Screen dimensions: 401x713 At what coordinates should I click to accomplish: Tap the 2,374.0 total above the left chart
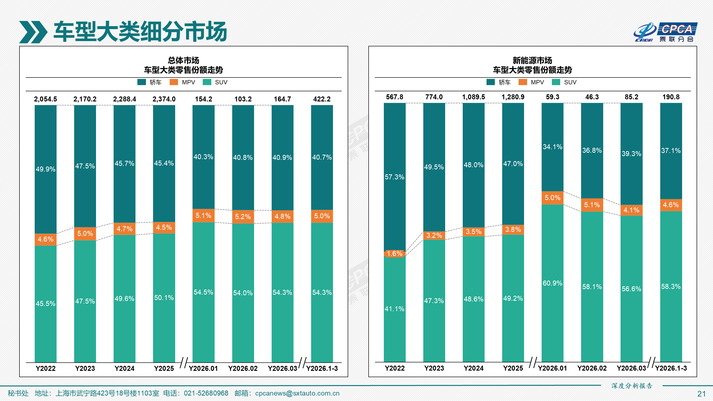[x=164, y=99]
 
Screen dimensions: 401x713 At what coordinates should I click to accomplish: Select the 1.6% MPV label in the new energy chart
[x=395, y=253]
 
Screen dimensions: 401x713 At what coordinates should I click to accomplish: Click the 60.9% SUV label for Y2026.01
[x=552, y=283]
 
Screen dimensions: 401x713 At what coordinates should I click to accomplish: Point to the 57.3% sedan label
[x=395, y=177]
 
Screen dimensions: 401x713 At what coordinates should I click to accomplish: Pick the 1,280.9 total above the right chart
[x=513, y=97]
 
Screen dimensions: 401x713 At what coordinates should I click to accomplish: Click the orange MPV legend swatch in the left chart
[x=173, y=82]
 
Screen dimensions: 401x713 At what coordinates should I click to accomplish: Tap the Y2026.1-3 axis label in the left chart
[x=322, y=368]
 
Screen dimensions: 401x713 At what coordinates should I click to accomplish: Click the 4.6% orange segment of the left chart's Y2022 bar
[x=45, y=239]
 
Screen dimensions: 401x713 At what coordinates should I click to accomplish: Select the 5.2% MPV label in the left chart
[x=243, y=217]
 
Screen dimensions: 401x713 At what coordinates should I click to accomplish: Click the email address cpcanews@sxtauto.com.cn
[x=297, y=393]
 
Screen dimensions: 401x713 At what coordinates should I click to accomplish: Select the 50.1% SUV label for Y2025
[x=164, y=298]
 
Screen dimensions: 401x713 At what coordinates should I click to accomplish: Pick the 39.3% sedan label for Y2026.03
[x=631, y=154]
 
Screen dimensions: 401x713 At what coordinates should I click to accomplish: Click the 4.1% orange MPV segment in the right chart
[x=631, y=210]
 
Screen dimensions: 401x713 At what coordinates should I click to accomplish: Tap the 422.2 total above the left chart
[x=322, y=99]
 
